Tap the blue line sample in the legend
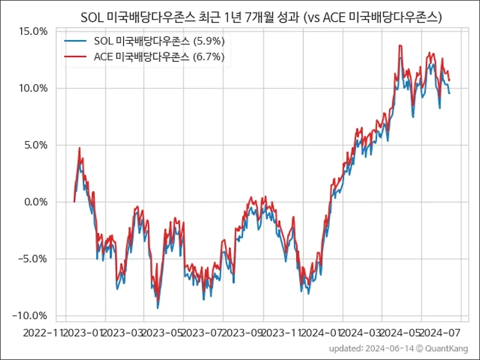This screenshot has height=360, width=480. (76, 41)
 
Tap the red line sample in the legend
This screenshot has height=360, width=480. (76, 58)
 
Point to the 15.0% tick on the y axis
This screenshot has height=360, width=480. (35, 31)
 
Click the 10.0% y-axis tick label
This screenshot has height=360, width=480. (35, 88)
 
